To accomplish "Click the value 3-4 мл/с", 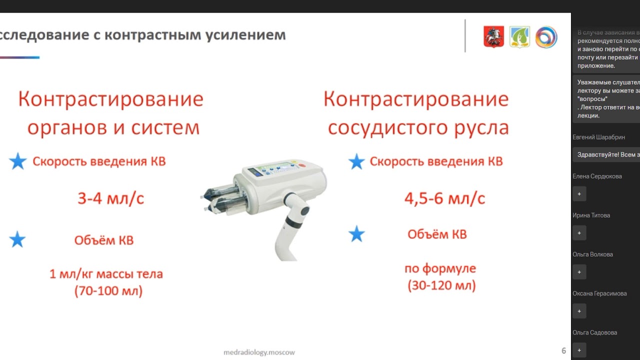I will (110, 198).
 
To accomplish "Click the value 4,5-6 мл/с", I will (444, 198).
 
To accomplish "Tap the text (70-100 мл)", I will (108, 291).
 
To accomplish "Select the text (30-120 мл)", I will (441, 286).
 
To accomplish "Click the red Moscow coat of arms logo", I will (493, 37).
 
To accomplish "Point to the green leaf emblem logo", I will (519, 37).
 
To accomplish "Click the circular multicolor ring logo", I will (546, 37).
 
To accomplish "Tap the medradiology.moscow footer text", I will (259, 352).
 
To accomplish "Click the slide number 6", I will (563, 350).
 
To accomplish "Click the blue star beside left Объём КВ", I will (17, 240).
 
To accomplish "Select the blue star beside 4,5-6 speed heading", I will (356, 161).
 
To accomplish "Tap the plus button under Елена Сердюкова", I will (579, 193).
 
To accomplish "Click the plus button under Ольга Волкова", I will (579, 272).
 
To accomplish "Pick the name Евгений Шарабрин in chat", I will (598, 137).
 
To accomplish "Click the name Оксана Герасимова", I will (599, 293).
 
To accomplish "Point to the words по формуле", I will (440, 268).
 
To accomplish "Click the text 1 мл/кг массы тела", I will (106, 274).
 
